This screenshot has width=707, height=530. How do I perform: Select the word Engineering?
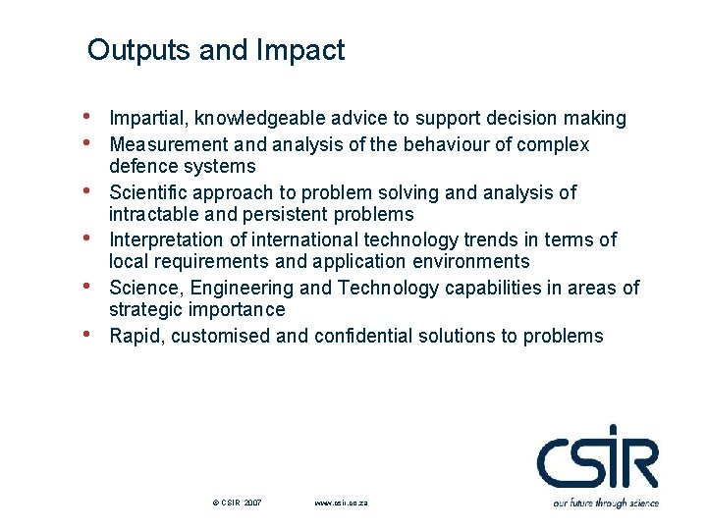click(x=242, y=288)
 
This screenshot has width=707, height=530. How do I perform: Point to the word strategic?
click(x=141, y=310)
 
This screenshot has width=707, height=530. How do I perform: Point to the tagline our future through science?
click(x=605, y=503)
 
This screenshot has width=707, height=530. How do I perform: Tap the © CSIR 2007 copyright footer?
click(x=237, y=503)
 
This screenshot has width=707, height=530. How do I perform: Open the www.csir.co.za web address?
click(x=341, y=503)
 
